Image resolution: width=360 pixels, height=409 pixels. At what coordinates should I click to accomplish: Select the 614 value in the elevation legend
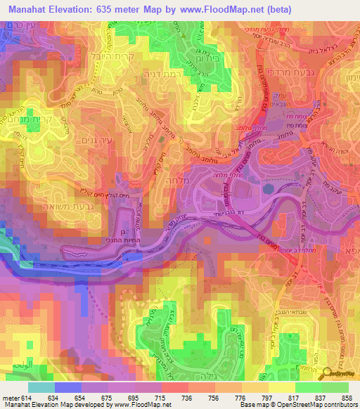[x=27, y=398]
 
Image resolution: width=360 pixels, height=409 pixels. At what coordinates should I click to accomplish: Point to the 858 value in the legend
[x=348, y=398]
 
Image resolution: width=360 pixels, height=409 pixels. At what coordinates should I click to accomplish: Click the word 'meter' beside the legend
[x=10, y=398]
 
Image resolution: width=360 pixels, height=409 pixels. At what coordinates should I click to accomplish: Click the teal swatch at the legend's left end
[x=41, y=387]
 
